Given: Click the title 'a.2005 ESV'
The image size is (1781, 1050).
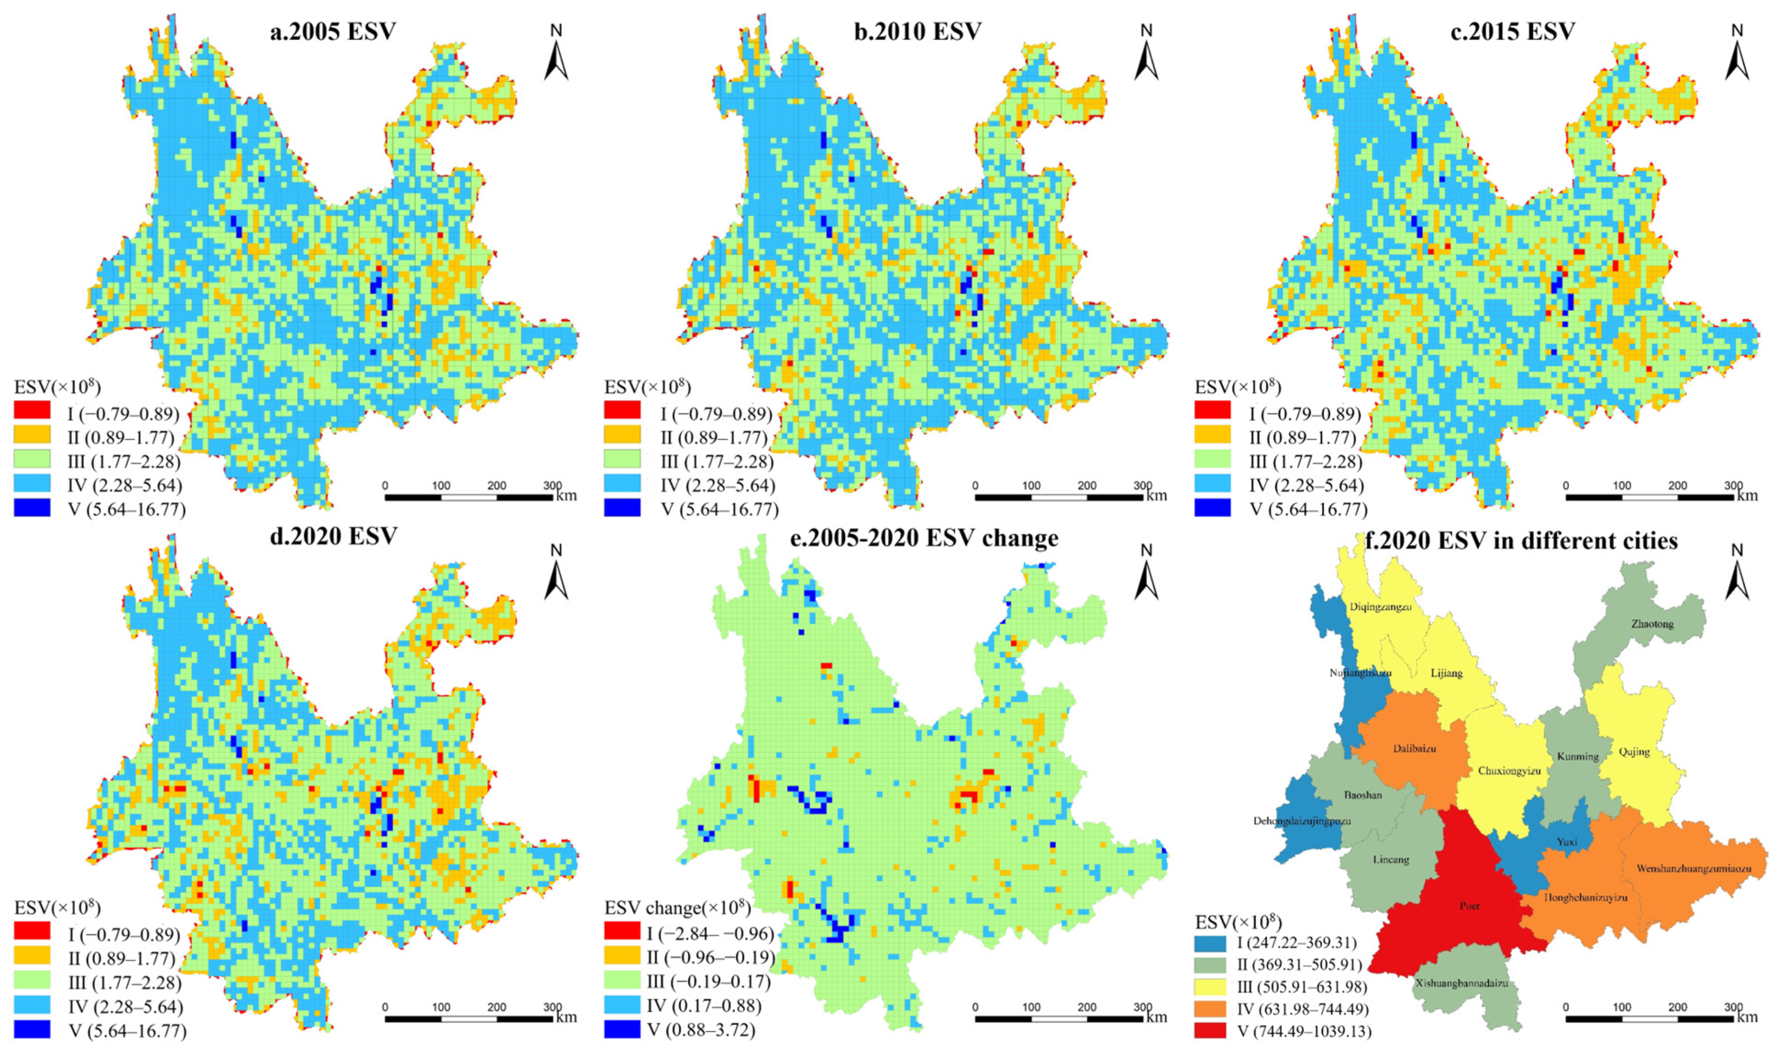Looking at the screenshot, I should click(333, 32).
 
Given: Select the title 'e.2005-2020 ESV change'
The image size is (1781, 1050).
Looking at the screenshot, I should click(923, 539).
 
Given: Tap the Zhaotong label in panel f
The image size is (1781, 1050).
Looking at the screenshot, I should click(1652, 624).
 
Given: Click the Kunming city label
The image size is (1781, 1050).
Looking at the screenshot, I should click(1578, 756).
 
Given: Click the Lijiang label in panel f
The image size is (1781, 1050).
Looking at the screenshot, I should click(1447, 673).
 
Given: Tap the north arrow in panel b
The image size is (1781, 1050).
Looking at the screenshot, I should click(1146, 53).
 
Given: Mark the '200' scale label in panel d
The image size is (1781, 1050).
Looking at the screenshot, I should click(497, 1007).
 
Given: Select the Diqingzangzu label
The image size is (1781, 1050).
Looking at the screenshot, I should click(1380, 607).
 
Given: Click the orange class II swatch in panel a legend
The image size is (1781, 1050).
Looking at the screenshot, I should click(32, 434).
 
